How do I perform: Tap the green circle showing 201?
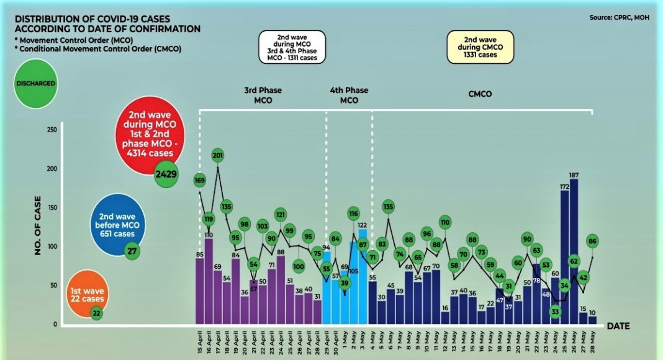coord(217,155)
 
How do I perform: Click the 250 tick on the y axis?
coord(54,130)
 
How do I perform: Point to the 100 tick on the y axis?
coord(54,246)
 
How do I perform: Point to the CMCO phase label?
coord(480,94)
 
